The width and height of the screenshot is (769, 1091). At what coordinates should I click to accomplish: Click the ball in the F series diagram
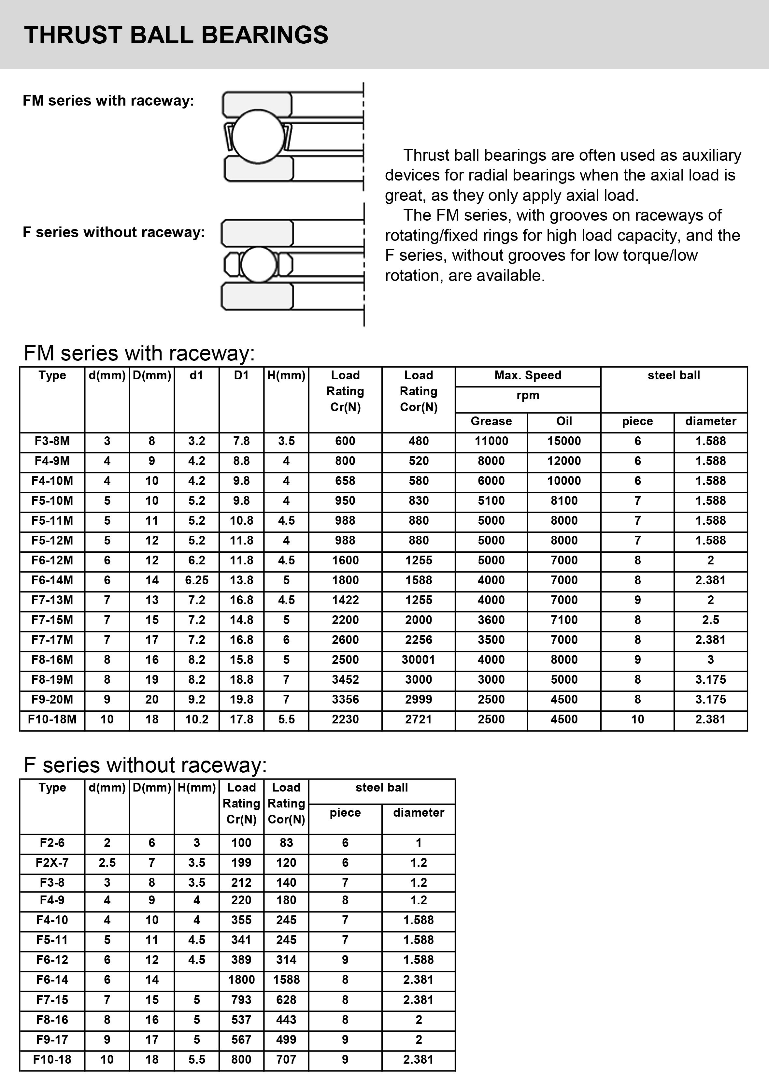click(258, 264)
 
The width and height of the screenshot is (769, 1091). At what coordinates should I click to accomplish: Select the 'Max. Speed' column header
click(528, 375)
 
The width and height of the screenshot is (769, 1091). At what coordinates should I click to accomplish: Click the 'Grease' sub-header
click(491, 421)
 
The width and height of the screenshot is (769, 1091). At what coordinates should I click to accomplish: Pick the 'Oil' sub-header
click(564, 421)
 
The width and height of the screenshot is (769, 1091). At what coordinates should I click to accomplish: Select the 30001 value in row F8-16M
click(419, 660)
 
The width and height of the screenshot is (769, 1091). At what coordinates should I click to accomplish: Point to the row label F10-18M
click(52, 720)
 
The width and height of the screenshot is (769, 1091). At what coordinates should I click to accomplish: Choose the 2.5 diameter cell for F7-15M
click(711, 620)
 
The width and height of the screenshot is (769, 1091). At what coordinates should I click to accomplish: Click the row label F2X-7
click(52, 863)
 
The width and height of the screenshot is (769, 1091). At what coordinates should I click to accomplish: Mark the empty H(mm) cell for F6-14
click(197, 980)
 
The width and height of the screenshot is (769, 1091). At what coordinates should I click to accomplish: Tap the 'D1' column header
click(241, 375)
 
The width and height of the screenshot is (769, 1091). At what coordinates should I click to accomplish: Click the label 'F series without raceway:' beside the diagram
click(114, 232)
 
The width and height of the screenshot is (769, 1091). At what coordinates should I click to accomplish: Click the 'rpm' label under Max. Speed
click(528, 395)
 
